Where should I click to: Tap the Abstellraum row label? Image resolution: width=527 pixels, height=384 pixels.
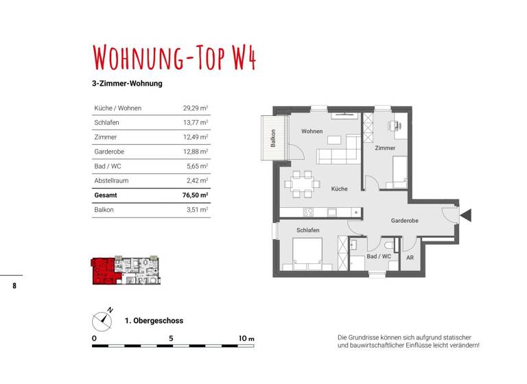[x=111, y=180]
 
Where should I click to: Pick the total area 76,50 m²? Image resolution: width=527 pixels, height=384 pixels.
[x=195, y=195]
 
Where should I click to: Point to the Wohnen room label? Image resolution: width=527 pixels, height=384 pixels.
[x=312, y=131]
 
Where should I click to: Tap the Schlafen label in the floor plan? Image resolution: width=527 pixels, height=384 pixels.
[x=308, y=230]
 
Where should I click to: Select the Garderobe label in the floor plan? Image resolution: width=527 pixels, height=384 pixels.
[x=405, y=220]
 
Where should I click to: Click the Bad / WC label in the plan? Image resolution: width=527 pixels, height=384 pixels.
[x=379, y=256]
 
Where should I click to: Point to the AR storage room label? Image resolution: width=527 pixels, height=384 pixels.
[x=410, y=258]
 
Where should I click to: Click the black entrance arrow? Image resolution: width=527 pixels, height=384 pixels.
[x=466, y=215]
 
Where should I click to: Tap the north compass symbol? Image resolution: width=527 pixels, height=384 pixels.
[x=105, y=318]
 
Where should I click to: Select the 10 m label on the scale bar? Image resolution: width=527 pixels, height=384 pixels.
[x=246, y=339]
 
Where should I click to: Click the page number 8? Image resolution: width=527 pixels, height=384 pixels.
[x=14, y=285]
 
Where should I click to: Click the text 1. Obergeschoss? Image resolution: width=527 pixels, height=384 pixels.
[x=154, y=320]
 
